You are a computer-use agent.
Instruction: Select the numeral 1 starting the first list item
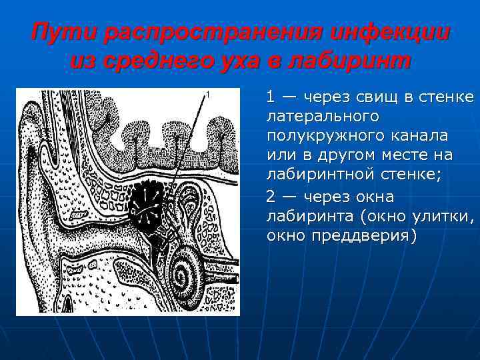click(x=270, y=97)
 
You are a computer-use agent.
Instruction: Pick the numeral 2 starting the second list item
click(x=270, y=197)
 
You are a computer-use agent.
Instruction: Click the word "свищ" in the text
click(x=379, y=97)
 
